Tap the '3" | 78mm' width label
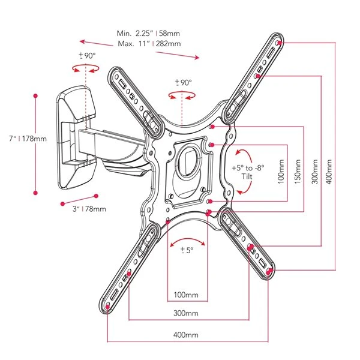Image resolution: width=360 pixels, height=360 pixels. click(x=86, y=209)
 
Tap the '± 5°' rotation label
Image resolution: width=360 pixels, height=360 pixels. click(x=186, y=251)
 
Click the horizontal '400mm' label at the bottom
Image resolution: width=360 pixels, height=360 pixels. click(x=186, y=335)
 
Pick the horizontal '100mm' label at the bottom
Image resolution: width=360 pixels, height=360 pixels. click(x=187, y=295)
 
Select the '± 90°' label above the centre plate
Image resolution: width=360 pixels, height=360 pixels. click(x=183, y=82)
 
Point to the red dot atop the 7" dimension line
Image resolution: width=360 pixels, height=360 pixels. click(x=36, y=95)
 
